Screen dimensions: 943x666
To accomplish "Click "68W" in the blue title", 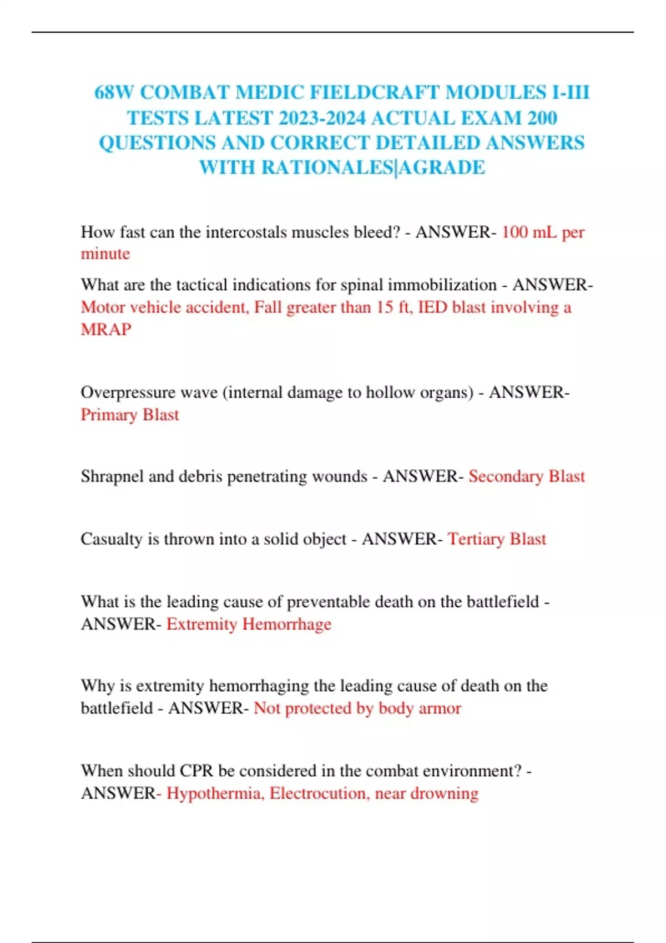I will click(x=114, y=92).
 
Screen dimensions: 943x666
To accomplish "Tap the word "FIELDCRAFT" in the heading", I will click(x=374, y=92).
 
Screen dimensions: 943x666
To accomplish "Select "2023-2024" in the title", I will click(x=322, y=118).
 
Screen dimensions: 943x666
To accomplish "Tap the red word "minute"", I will click(x=105, y=254).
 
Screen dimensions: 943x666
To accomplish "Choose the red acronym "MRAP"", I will click(x=106, y=329).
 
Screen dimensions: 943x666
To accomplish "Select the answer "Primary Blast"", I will click(x=130, y=415).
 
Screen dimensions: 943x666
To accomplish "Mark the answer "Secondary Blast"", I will click(x=527, y=476).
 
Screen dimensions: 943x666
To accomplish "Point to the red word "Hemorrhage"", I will click(x=287, y=624).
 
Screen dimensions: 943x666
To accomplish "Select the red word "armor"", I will click(x=441, y=708).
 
